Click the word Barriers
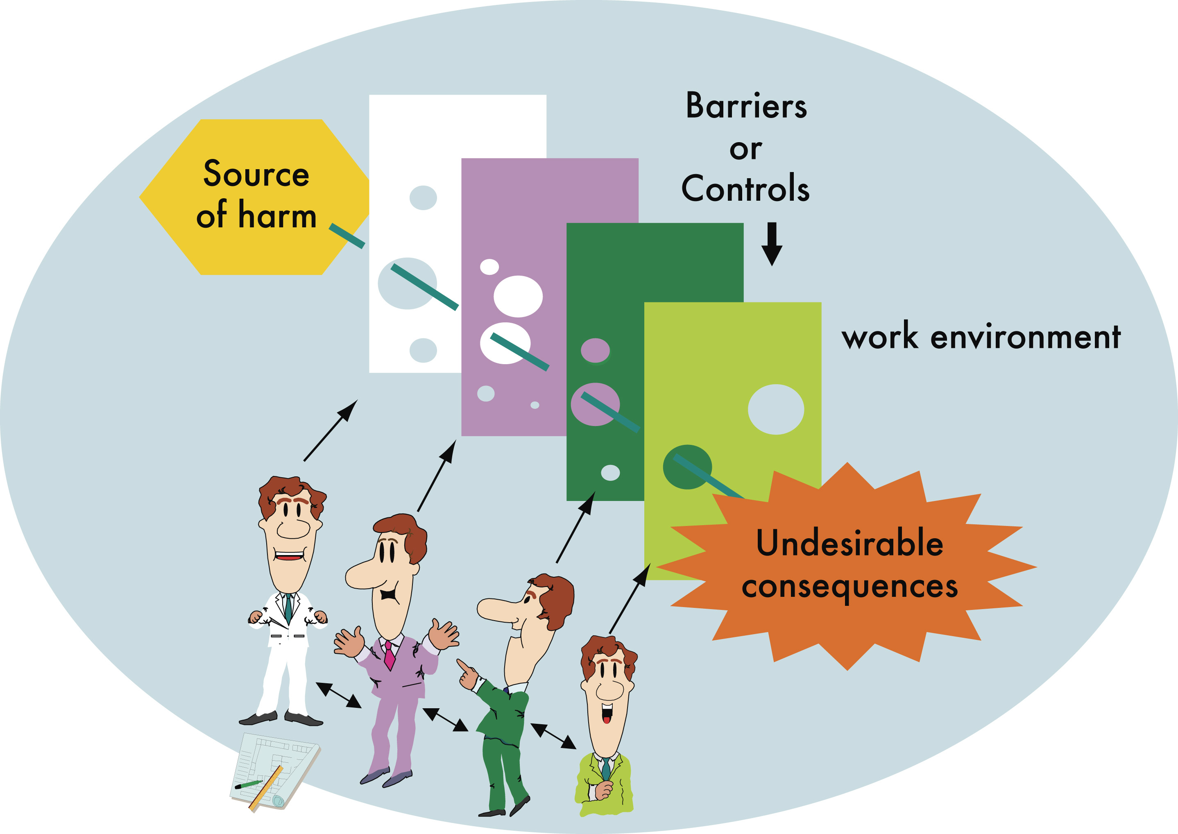[746, 107]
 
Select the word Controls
[745, 188]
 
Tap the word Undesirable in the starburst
[850, 543]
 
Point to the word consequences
[850, 587]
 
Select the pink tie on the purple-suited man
[389, 655]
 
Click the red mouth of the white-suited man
[289, 555]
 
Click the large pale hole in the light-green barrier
[775, 409]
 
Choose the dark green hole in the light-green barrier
[687, 466]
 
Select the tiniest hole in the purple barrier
[535, 405]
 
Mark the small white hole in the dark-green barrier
[610, 472]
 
